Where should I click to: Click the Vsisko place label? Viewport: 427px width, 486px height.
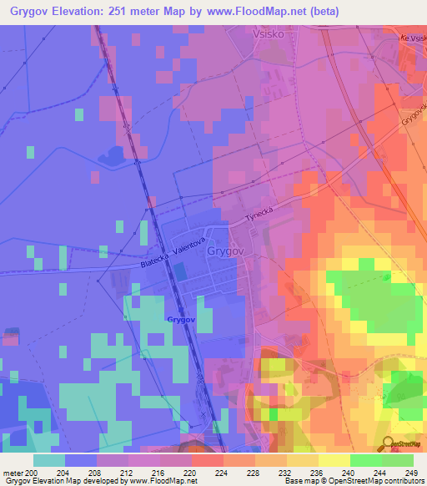[269, 35]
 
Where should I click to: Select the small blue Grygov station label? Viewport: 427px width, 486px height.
[181, 319]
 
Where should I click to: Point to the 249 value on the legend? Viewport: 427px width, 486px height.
[409, 473]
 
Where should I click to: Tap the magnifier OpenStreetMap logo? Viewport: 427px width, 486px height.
[387, 444]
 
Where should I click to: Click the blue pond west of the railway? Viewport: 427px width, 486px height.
[110, 154]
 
